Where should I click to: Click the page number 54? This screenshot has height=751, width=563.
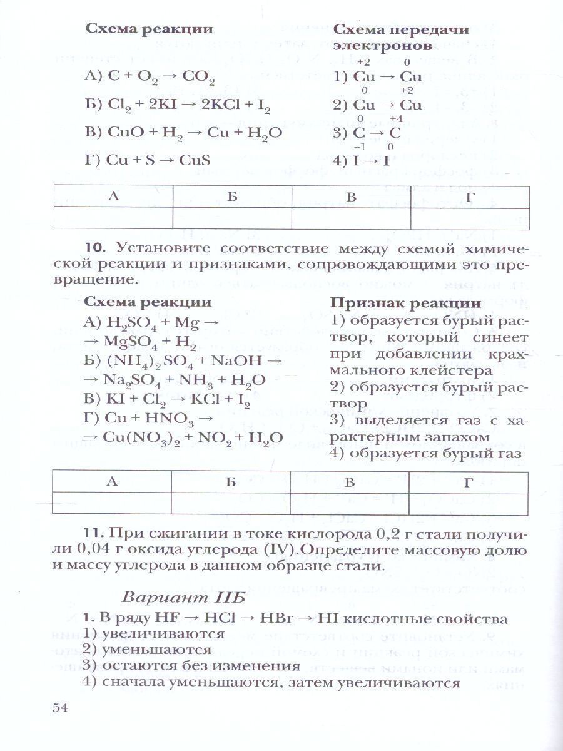(x=59, y=708)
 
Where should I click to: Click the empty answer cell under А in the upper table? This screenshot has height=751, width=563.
(x=113, y=217)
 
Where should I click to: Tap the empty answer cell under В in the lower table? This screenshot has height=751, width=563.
(x=350, y=502)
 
